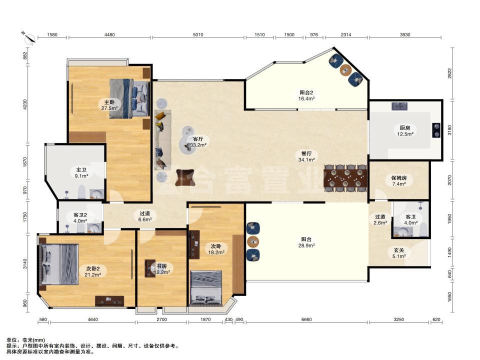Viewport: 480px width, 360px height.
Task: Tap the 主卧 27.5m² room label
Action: click(x=109, y=105)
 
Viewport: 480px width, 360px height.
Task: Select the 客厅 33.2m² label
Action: click(x=198, y=142)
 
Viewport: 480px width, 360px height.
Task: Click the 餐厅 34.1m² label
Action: click(x=306, y=156)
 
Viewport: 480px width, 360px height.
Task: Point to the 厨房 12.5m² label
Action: click(x=405, y=130)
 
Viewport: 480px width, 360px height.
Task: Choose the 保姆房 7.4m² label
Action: click(x=399, y=180)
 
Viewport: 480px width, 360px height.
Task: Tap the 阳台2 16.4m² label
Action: click(x=306, y=95)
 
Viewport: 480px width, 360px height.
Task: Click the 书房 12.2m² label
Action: click(x=161, y=269)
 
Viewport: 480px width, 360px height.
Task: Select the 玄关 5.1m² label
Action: click(x=399, y=253)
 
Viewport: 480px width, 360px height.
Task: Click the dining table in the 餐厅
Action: click(x=345, y=178)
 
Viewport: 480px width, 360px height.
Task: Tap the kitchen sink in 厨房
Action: click(x=399, y=106)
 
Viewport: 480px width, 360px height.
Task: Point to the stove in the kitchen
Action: click(x=436, y=130)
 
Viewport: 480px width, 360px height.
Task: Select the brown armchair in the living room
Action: click(x=185, y=177)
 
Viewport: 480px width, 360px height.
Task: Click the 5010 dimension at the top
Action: click(x=198, y=34)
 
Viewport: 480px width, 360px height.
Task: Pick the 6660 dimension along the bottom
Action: click(x=306, y=319)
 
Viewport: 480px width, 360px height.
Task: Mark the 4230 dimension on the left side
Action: click(x=25, y=104)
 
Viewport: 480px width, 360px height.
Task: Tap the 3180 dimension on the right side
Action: click(x=449, y=130)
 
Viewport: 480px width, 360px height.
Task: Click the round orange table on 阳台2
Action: click(x=345, y=70)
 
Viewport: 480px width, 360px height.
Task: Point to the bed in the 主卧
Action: click(x=129, y=98)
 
